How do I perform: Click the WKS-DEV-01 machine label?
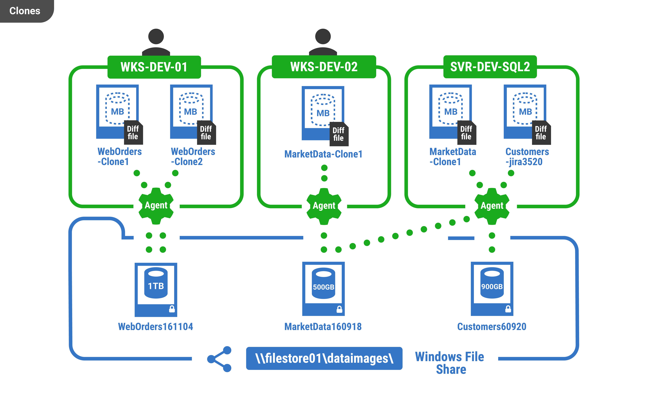154,67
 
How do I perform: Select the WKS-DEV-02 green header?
324,67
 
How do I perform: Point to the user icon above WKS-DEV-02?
323,42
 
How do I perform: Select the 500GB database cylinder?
323,284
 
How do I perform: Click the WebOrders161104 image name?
156,327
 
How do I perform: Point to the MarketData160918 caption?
323,327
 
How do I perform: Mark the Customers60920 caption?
492,327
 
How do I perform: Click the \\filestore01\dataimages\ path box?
324,358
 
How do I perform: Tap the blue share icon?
220,359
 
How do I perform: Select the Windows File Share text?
450,363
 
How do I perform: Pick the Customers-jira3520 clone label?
527,157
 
